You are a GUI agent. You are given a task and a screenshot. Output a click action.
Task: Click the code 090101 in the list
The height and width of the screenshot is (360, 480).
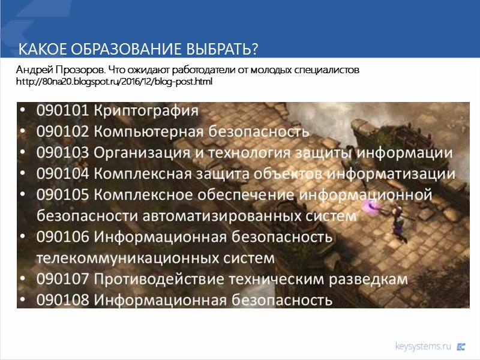click(62, 111)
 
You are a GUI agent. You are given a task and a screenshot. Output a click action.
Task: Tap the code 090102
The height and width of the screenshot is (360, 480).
click(62, 131)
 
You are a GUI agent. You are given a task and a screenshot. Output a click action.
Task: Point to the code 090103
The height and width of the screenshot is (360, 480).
click(62, 152)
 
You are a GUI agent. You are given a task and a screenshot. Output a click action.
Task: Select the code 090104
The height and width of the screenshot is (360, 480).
click(62, 173)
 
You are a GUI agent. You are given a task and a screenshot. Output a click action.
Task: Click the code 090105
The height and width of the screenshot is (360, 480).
click(62, 195)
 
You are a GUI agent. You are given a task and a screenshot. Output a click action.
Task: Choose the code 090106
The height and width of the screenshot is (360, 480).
click(62, 236)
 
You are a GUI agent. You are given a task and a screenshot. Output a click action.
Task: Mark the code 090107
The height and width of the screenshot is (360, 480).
click(62, 279)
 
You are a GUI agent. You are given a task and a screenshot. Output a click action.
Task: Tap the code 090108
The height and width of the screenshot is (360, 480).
click(62, 299)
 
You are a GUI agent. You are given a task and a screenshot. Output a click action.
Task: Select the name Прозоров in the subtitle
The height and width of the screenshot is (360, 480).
click(71, 70)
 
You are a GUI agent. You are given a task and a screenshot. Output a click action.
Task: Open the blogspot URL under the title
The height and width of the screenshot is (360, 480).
click(114, 81)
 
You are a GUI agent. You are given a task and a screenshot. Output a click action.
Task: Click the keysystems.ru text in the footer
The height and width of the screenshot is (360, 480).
click(422, 346)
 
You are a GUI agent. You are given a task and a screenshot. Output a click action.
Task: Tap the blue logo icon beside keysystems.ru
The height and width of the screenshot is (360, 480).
click(461, 346)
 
